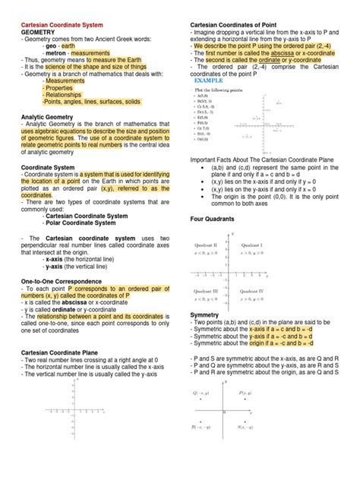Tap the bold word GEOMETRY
click(x=39, y=34)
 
